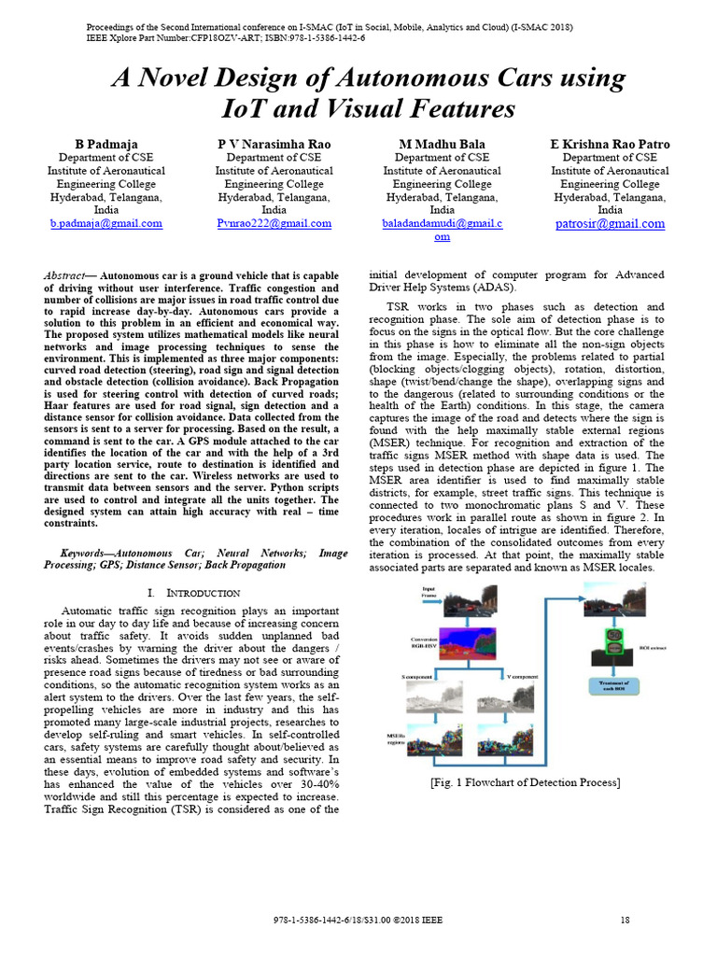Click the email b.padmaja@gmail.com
[105, 224]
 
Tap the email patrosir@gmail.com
[610, 224]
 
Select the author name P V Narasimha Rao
[274, 145]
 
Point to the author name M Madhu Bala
[442, 145]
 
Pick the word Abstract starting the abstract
[65, 276]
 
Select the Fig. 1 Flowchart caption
[525, 781]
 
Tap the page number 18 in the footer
[625, 921]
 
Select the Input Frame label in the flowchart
[429, 592]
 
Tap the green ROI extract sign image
[613, 642]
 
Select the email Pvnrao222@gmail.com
[274, 224]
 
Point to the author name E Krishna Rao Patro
[610, 145]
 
